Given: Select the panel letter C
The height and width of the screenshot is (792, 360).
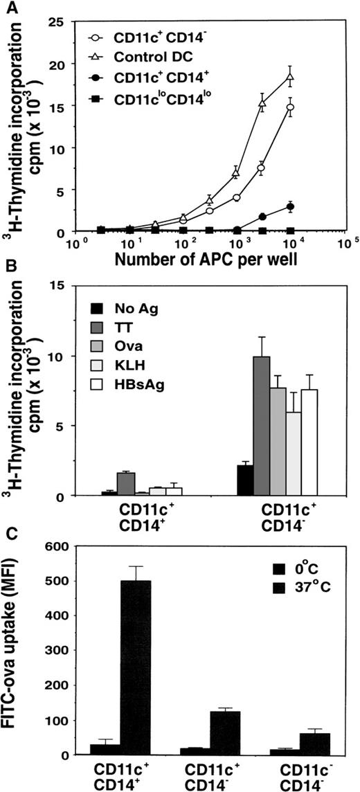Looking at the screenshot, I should [x=9, y=533].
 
